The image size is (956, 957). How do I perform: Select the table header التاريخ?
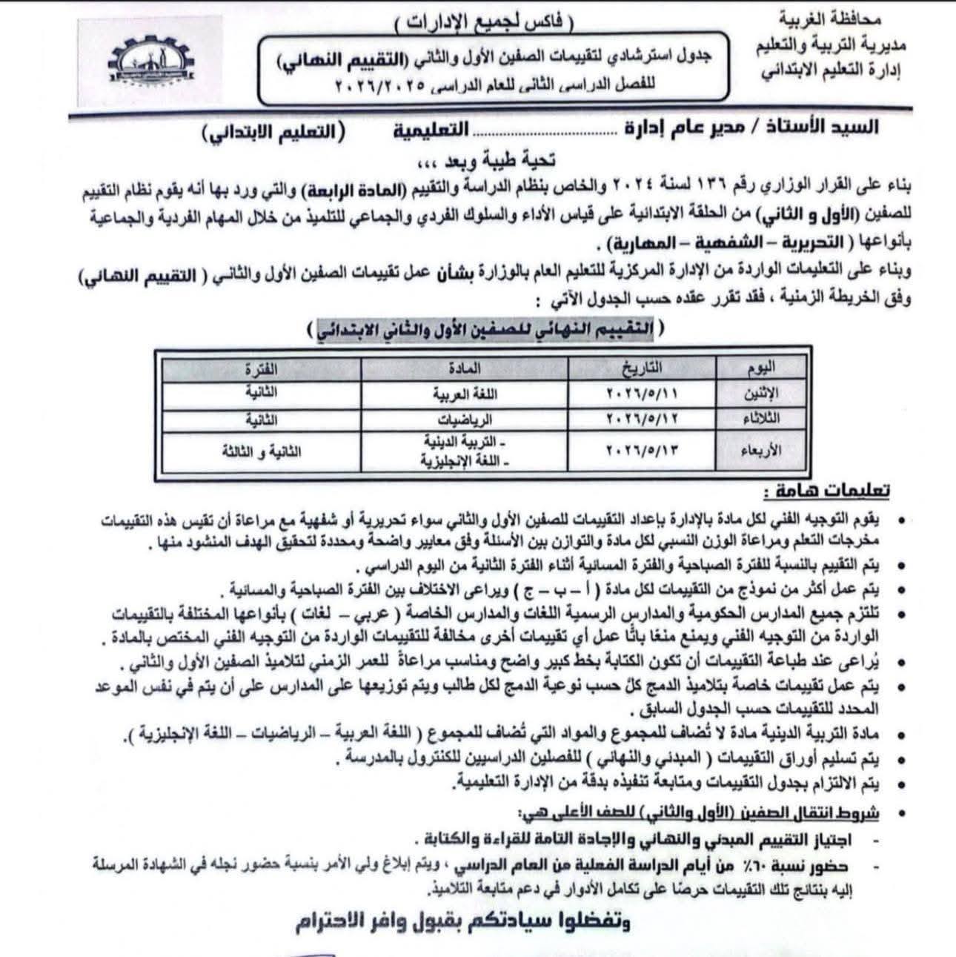click(643, 366)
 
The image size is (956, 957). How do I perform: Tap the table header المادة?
click(465, 367)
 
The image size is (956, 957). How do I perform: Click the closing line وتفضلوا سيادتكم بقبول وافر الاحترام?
click(464, 923)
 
